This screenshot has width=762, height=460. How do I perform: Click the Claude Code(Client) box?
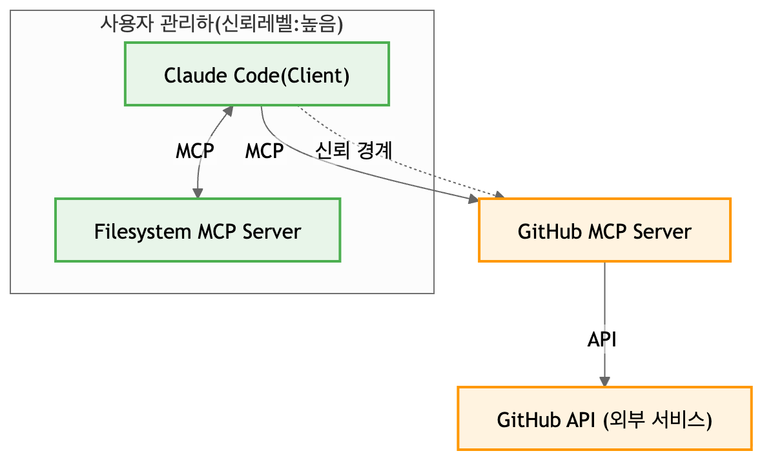coord(256,74)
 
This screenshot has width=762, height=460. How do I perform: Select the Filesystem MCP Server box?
coord(198,230)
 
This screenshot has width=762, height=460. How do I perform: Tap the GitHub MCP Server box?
coord(604,230)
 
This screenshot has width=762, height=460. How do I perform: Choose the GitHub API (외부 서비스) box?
coord(604,418)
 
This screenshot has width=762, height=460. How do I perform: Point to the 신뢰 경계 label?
coord(353,151)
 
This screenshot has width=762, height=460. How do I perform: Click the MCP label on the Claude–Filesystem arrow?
coord(195,151)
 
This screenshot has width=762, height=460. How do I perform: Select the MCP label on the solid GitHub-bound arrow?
coord(264,151)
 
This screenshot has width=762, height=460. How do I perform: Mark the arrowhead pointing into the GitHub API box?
coord(604,381)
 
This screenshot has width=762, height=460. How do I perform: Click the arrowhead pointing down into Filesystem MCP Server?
coord(198,193)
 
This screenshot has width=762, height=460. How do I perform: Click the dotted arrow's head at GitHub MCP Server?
coord(499,195)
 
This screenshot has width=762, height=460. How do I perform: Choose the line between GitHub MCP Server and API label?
coord(604,294)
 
